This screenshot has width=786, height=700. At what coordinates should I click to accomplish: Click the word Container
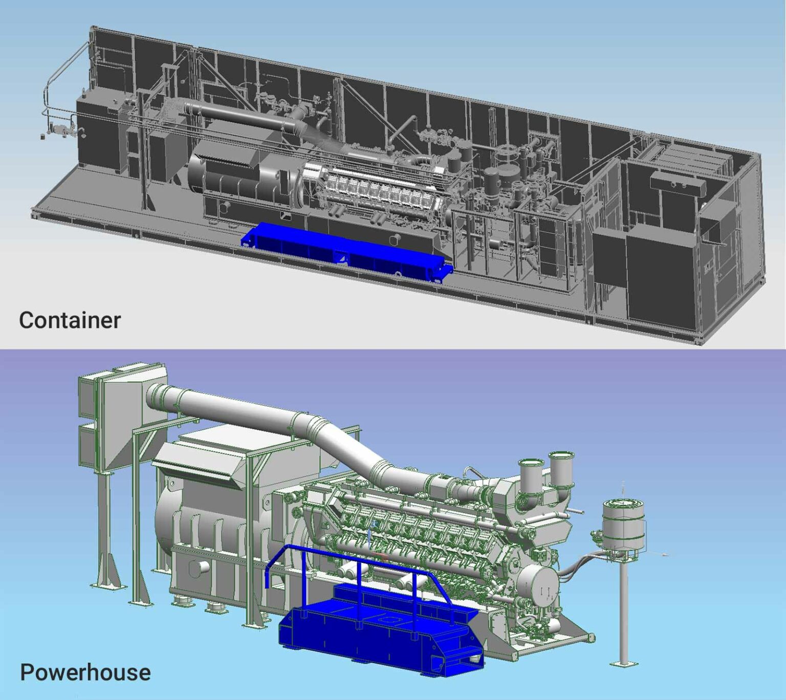(x=70, y=321)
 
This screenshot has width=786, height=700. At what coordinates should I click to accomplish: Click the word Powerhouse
(x=85, y=672)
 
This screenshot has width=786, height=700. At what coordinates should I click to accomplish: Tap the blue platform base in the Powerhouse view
(x=379, y=640)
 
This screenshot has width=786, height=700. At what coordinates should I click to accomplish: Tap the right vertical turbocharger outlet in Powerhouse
(x=561, y=468)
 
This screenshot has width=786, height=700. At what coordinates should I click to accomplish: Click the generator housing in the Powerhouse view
(x=210, y=517)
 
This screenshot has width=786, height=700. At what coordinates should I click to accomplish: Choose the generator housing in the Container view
(x=235, y=177)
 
